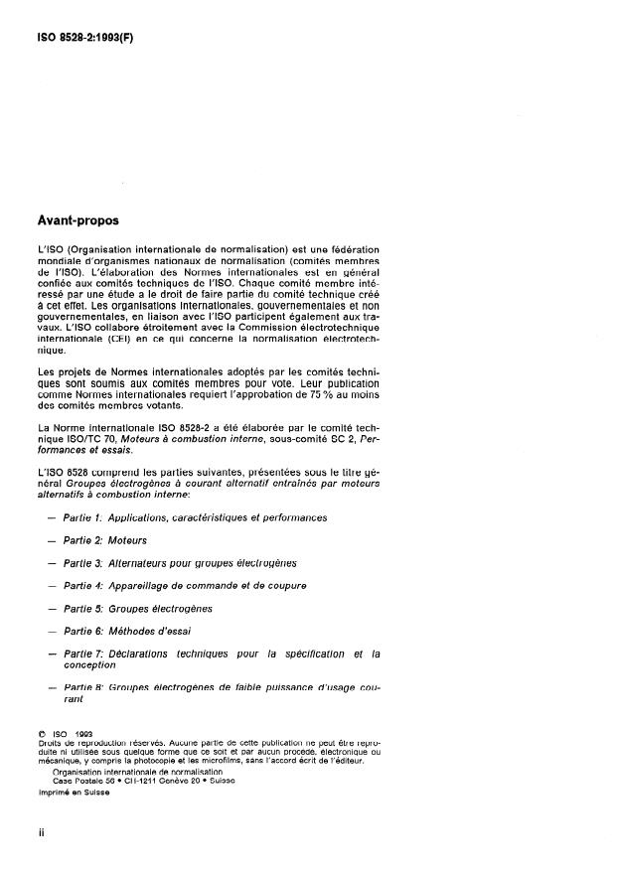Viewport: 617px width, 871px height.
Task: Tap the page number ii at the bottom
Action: point(42,832)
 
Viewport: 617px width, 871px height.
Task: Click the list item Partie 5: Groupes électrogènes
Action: point(145,608)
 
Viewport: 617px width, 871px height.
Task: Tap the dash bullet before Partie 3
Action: point(52,563)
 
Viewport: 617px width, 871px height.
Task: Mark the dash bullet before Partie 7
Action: point(52,653)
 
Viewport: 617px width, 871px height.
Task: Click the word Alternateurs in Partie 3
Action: point(150,563)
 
